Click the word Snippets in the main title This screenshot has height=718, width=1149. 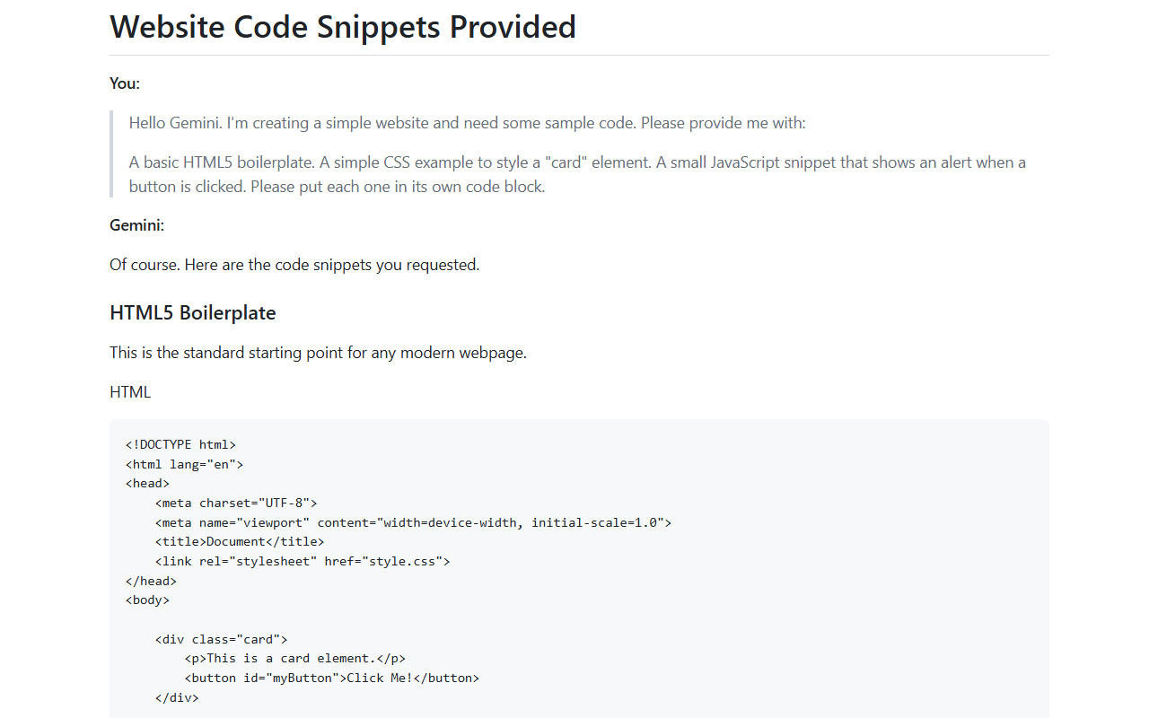tap(378, 27)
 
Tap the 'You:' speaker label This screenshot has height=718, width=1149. tap(125, 83)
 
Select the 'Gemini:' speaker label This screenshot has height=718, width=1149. tap(137, 225)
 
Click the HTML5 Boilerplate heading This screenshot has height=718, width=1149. tap(193, 313)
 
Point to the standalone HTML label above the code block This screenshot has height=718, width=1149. tap(130, 392)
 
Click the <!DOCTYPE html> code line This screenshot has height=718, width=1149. tap(180, 444)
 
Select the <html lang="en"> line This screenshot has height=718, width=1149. tap(184, 464)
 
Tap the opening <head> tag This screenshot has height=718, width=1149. tap(147, 484)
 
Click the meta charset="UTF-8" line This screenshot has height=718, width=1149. tap(236, 503)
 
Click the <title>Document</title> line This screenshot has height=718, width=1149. tap(240, 541)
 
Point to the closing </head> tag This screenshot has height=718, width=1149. tap(151, 581)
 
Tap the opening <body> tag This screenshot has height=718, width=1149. tap(147, 600)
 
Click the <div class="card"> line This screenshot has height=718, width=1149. tap(221, 640)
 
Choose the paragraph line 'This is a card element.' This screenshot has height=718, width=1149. tap(295, 659)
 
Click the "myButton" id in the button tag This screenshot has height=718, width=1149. tap(303, 678)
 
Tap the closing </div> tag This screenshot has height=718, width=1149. tap(177, 698)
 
